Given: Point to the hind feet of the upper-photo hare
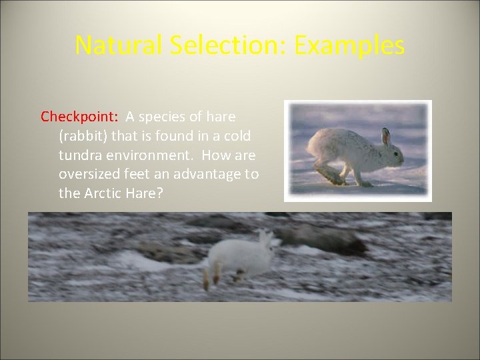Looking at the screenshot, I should pos(331,177).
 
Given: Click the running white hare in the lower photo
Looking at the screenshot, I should pos(240,257).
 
